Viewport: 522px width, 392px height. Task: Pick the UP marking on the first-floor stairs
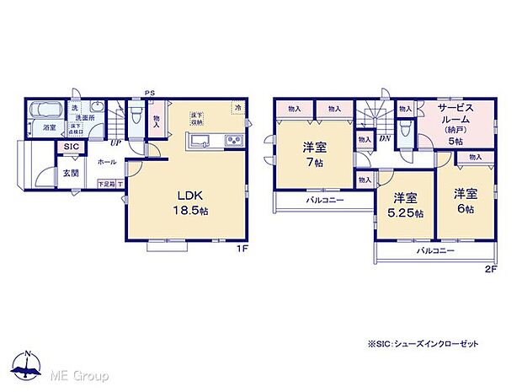point(115,143)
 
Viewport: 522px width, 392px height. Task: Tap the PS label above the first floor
point(151,93)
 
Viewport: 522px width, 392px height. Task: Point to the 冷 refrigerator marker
point(238,108)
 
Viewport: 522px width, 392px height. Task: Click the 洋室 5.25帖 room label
point(402,204)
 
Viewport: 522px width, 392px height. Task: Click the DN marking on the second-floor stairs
point(385,139)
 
